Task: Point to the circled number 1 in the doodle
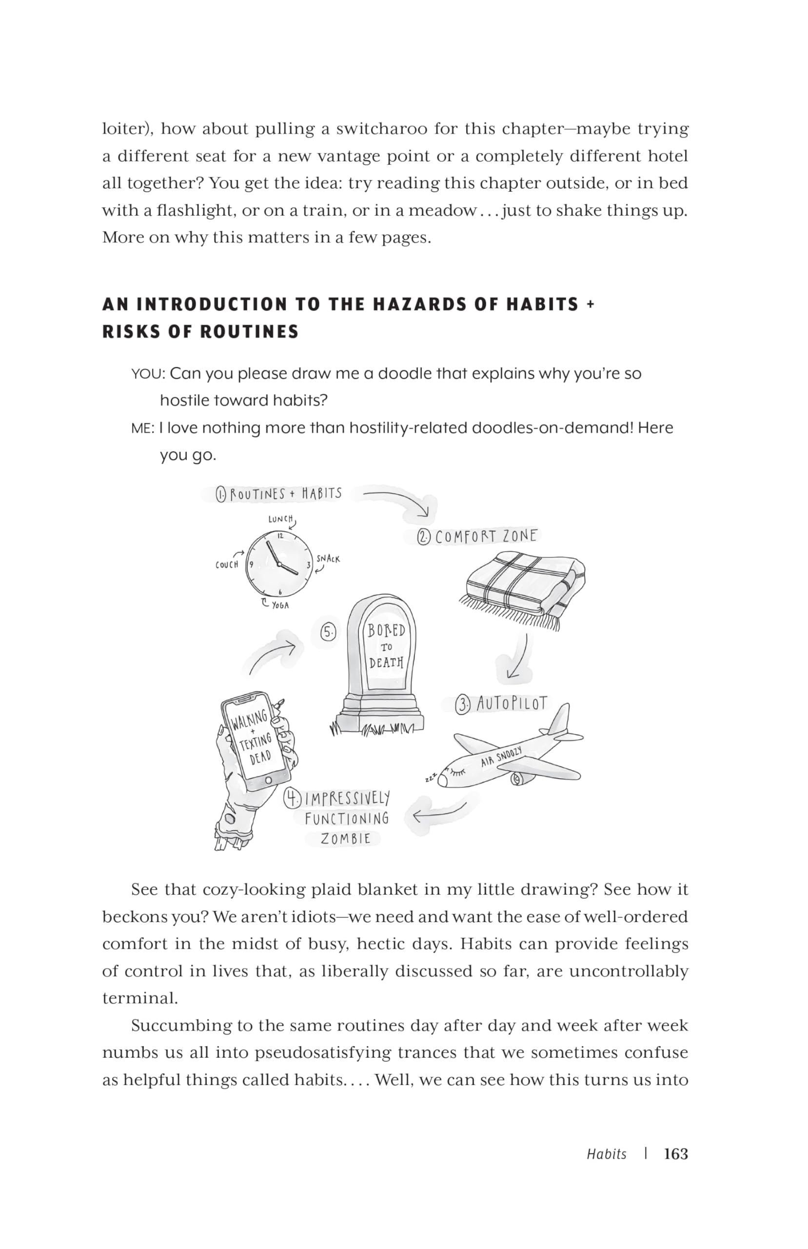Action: pyautogui.click(x=221, y=494)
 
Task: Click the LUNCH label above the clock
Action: pyautogui.click(x=280, y=519)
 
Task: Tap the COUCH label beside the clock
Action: pyautogui.click(x=227, y=564)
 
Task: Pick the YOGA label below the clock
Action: pyautogui.click(x=280, y=605)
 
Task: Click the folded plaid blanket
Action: pyautogui.click(x=525, y=585)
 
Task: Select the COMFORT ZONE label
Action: pyautogui.click(x=486, y=536)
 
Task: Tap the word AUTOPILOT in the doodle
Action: pyautogui.click(x=512, y=704)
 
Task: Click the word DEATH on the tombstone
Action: pyautogui.click(x=386, y=662)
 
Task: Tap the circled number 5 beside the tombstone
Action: pyautogui.click(x=328, y=632)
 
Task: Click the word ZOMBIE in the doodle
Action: pyautogui.click(x=346, y=839)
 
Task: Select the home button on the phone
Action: pyautogui.click(x=269, y=780)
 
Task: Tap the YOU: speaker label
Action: pyautogui.click(x=148, y=374)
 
